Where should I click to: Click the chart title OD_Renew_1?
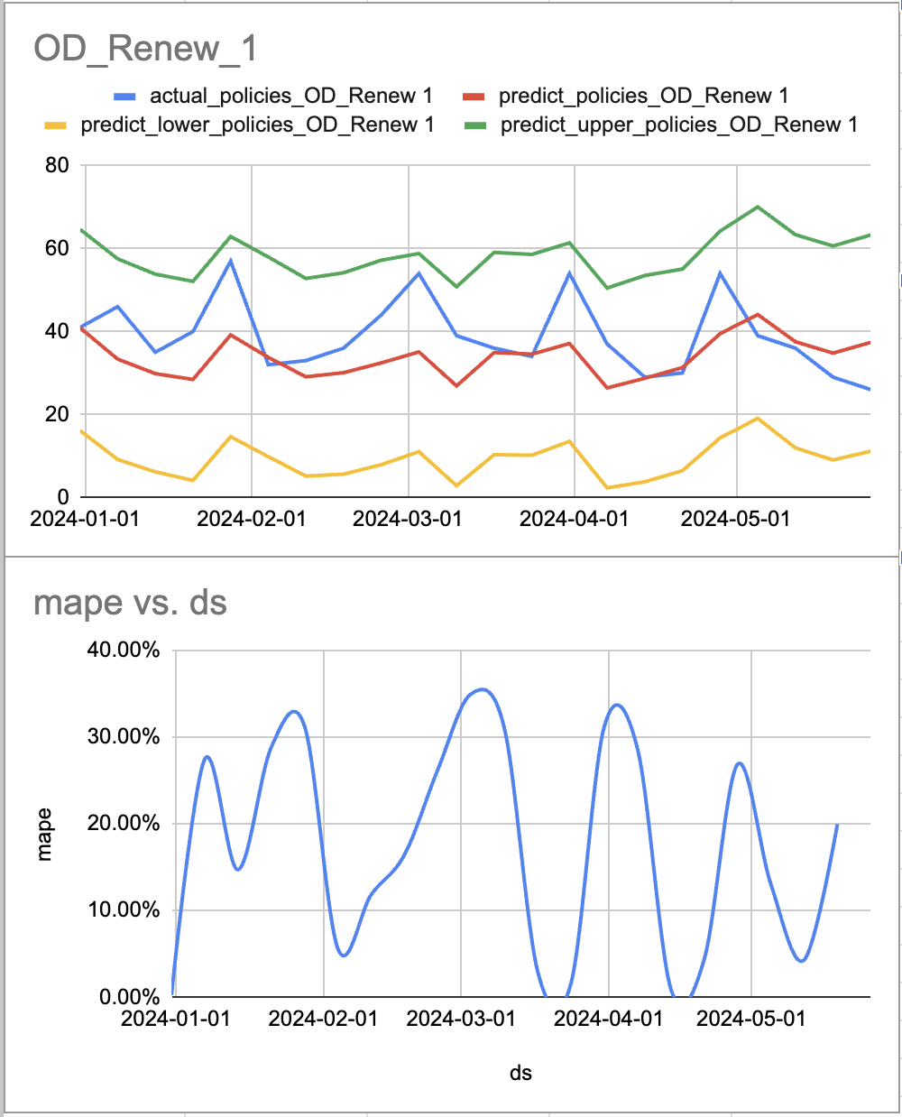tap(145, 49)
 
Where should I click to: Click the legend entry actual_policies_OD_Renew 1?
tap(290, 96)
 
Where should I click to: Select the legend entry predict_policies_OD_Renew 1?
tap(643, 96)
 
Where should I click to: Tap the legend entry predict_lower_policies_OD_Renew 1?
tap(257, 125)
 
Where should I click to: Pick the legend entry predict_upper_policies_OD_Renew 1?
tap(678, 125)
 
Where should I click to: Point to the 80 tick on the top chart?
tap(57, 165)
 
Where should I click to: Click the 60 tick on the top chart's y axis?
tap(57, 248)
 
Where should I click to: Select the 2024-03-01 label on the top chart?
tap(408, 519)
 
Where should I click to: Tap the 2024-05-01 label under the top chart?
tap(735, 519)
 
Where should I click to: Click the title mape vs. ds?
tap(130, 603)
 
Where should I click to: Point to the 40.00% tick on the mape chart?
tap(124, 651)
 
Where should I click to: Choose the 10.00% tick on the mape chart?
tap(124, 909)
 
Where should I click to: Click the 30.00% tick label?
tap(124, 737)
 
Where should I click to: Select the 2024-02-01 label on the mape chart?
tap(323, 1019)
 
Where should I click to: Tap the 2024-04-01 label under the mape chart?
tap(608, 1019)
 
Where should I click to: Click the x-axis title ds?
tap(520, 1073)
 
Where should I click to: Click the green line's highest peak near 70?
tap(758, 207)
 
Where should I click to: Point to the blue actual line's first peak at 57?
tap(231, 261)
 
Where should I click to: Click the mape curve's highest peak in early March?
tap(483, 689)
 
